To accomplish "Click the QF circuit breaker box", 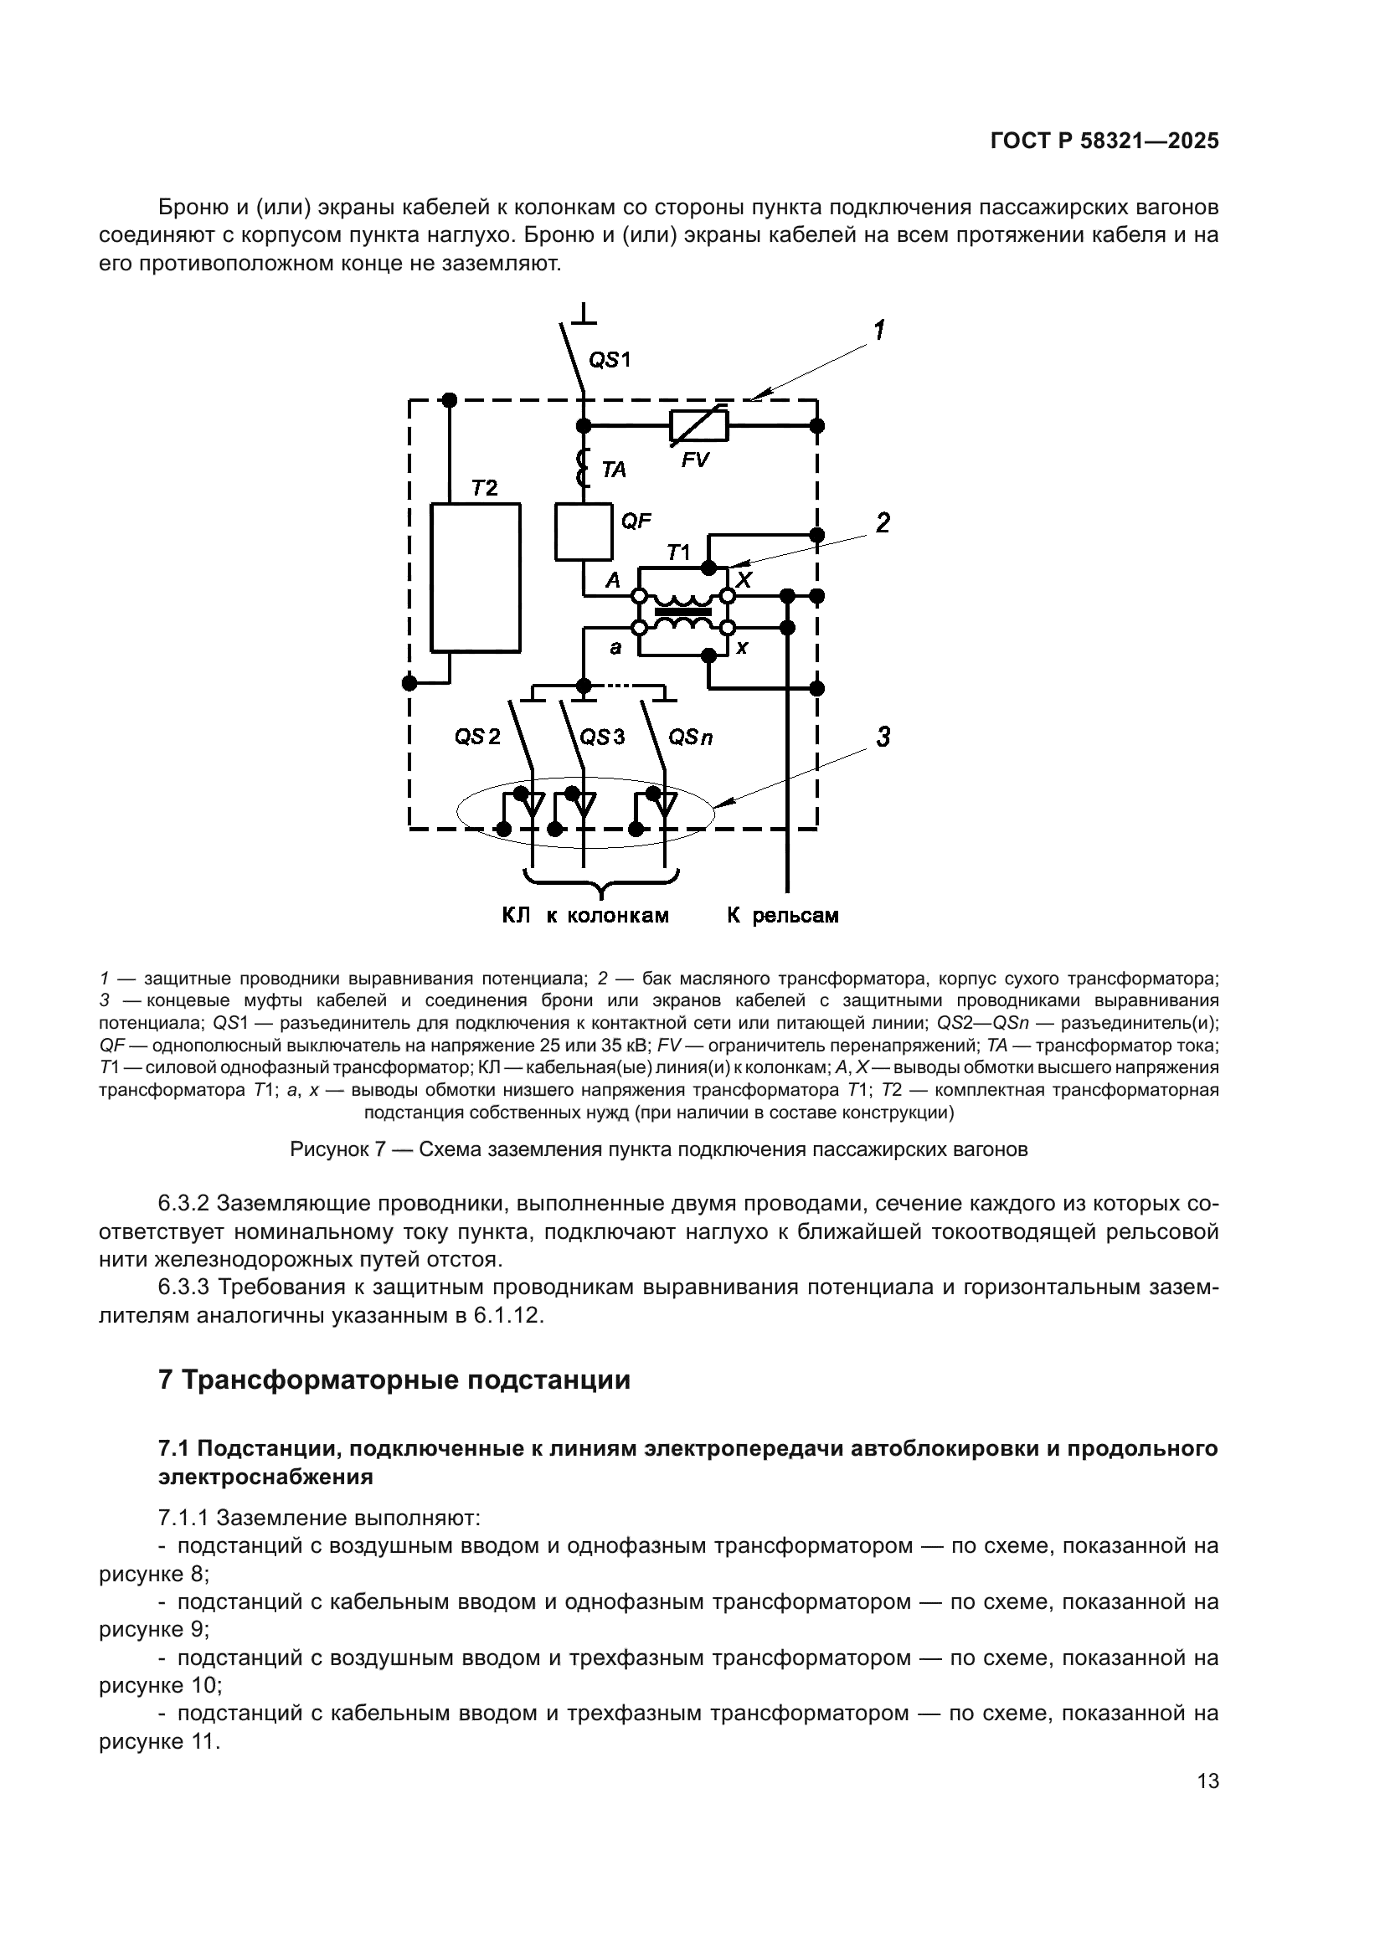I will point(584,532).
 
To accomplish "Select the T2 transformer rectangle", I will point(475,578).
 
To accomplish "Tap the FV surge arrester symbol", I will point(698,424).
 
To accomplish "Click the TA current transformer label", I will point(613,470).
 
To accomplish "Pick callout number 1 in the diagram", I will point(878,330).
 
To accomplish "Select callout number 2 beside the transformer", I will point(883,522).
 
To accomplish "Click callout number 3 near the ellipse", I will point(883,737).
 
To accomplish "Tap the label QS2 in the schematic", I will point(477,737).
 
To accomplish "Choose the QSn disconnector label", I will point(690,737).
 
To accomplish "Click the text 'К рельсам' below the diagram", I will point(782,916).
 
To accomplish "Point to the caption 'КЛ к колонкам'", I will point(585,916).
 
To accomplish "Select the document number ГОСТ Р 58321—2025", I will point(1104,141).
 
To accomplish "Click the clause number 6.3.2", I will point(183,1204).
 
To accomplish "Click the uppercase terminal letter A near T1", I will point(613,581).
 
